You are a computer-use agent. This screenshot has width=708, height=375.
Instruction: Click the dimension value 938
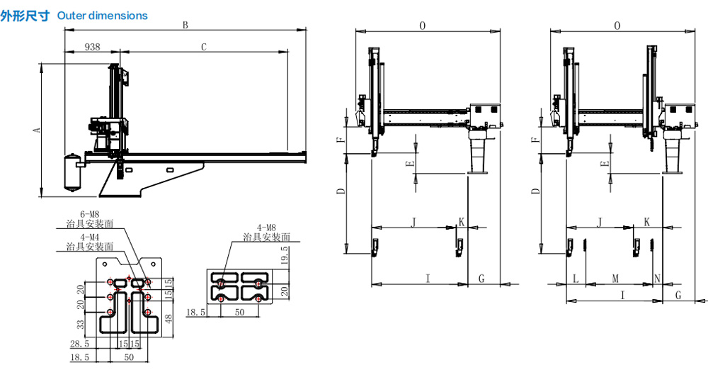tap(92, 47)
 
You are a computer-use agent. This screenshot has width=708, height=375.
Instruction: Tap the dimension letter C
tap(203, 47)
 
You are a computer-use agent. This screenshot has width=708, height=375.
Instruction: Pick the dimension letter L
tap(576, 279)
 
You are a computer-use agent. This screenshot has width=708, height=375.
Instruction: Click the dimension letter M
tap(615, 279)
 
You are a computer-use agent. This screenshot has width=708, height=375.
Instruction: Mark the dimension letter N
tap(658, 279)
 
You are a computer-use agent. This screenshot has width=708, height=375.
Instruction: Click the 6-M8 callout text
tap(91, 213)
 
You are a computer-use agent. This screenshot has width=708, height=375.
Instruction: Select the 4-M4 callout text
tap(89, 237)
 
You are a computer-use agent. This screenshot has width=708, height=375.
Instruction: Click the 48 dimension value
tap(168, 318)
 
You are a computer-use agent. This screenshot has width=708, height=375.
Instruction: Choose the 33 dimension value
tap(81, 324)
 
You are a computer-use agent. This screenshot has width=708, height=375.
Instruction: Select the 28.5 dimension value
tap(81, 344)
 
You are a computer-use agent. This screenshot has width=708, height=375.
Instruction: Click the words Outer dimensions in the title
tap(103, 15)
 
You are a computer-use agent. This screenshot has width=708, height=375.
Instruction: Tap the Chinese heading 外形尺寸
tap(26, 15)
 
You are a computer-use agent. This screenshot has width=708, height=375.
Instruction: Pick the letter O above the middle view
tap(423, 26)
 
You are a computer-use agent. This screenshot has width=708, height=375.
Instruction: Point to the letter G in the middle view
tap(481, 279)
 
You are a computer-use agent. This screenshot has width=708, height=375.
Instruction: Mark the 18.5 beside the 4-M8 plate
tap(196, 311)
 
